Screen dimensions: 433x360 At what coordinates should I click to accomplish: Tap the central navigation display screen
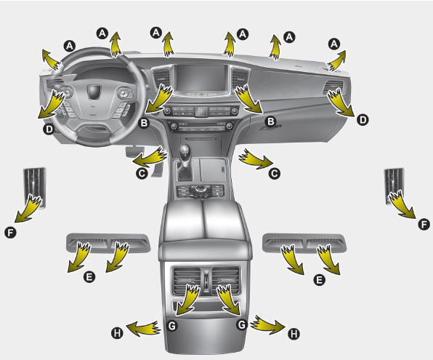[201, 78]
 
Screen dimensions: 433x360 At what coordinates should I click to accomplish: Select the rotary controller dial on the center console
[199, 190]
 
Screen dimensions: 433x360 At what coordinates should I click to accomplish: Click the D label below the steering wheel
[49, 129]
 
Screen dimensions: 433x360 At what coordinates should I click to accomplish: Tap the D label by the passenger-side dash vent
[363, 120]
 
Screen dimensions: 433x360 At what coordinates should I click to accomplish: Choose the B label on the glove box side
[270, 121]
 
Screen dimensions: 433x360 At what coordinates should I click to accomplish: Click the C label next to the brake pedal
[142, 173]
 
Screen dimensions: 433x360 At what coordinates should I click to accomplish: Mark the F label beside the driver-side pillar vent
[10, 232]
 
